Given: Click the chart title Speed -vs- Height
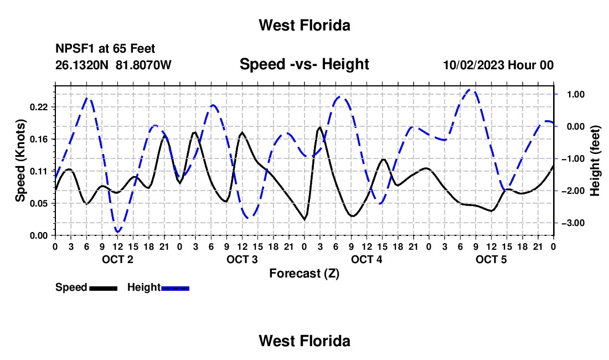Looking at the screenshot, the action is (x=304, y=64).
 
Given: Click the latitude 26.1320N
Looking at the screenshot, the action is (x=82, y=65).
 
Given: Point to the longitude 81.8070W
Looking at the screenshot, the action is (x=143, y=65).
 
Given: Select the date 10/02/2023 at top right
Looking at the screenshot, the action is (x=473, y=65).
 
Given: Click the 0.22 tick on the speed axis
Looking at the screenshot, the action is (x=39, y=107).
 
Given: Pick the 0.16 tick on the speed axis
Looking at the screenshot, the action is (x=39, y=139).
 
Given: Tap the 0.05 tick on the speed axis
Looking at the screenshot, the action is (x=39, y=203).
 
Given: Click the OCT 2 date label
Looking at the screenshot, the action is (x=117, y=259).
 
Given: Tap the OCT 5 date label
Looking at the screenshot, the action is (x=491, y=259).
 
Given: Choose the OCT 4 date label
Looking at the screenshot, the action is (x=367, y=259).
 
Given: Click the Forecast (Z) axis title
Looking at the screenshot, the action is (x=304, y=274).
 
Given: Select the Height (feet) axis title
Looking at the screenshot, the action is (x=595, y=161).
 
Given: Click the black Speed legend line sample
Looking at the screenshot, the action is (x=104, y=288).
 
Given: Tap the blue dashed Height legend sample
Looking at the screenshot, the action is (x=175, y=288).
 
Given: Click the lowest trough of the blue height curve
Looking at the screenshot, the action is (x=118, y=232).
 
